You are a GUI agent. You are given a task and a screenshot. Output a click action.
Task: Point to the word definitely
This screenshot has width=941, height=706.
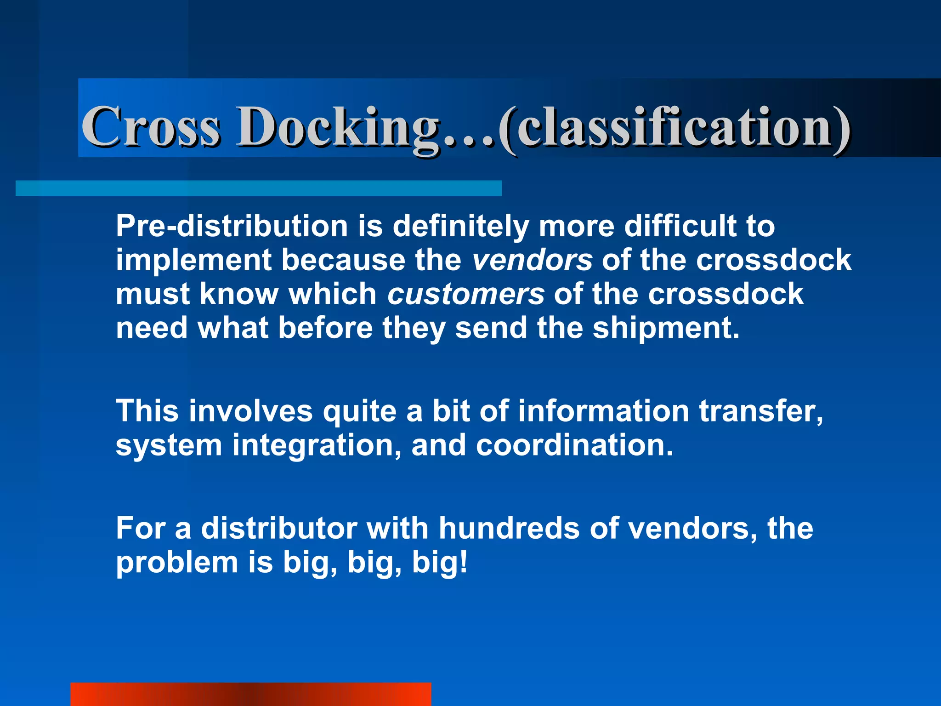pyautogui.click(x=460, y=226)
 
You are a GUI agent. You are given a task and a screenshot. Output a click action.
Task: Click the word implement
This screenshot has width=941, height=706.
pyautogui.click(x=193, y=260)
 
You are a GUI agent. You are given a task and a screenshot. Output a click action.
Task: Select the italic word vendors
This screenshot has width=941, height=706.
pyautogui.click(x=532, y=260)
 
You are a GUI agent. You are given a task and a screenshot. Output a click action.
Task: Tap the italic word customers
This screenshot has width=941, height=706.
pyautogui.click(x=465, y=294)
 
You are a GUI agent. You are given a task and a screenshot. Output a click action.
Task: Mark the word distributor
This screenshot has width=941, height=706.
pyautogui.click(x=279, y=528)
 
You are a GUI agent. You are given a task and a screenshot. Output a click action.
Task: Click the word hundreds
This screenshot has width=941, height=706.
pyautogui.click(x=509, y=528)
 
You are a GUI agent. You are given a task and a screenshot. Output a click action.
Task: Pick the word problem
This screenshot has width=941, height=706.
pyautogui.click(x=177, y=563)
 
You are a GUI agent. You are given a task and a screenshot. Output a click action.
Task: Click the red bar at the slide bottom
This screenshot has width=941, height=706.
pyautogui.click(x=250, y=694)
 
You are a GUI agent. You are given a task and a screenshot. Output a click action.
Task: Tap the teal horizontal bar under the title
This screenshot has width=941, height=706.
pyautogui.click(x=258, y=188)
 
